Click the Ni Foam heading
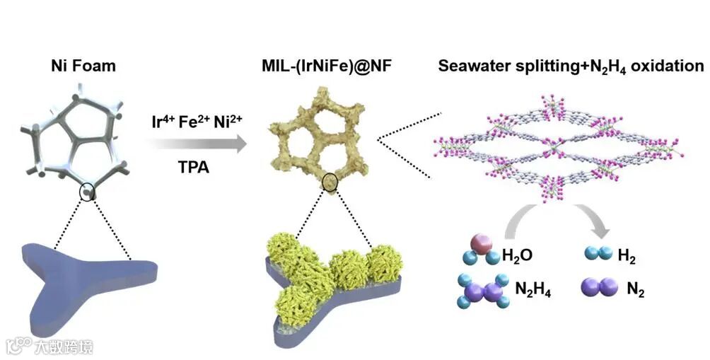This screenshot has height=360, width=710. point(83,67)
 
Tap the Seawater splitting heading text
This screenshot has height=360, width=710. point(571,67)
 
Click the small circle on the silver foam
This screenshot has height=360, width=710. point(88,191)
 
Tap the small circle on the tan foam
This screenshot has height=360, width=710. point(330,184)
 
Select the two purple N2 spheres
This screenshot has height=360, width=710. point(596,287)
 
